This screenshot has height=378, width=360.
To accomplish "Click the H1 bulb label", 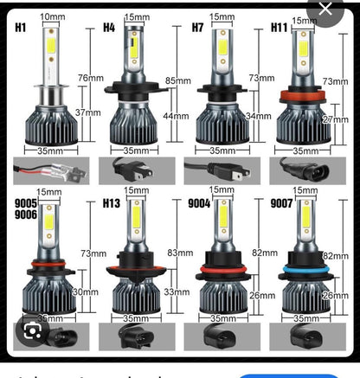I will tap(21, 27).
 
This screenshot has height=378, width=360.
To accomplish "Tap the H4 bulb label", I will tap(109, 27).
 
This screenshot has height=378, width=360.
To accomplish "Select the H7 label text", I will tap(198, 28).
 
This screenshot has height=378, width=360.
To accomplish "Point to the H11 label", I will tap(280, 28).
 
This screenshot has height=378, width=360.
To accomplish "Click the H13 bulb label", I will tap(112, 204).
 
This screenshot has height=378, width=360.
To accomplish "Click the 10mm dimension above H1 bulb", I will tap(52, 16).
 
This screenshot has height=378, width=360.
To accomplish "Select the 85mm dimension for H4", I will tap(177, 81).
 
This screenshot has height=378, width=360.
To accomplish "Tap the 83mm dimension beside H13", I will tap(177, 253).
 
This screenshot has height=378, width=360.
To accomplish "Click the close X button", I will tap(326, 11).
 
